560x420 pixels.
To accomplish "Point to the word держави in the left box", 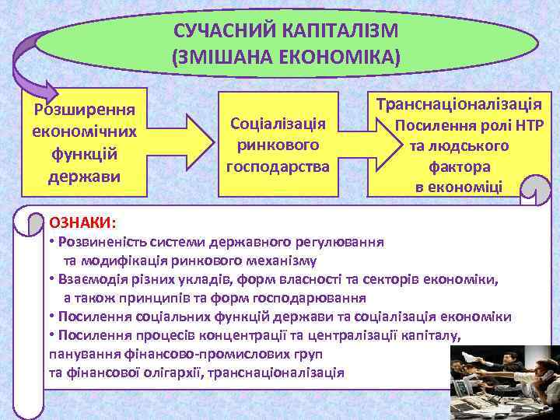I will (x=84, y=176).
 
